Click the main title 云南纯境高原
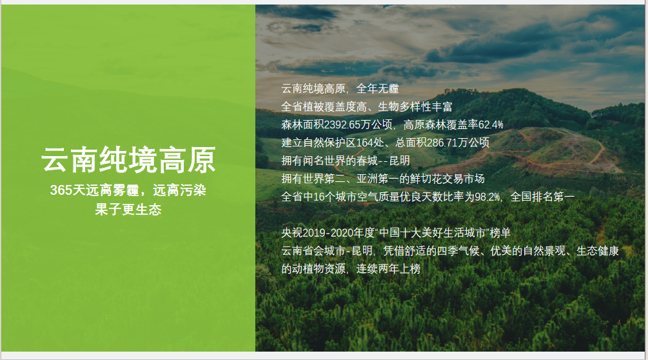128,159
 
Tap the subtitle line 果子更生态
128,209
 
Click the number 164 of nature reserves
365,143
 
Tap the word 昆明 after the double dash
399,161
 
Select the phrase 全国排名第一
543,197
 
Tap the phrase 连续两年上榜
388,268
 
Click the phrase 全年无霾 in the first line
377,88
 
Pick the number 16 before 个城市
319,197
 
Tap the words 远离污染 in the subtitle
179,190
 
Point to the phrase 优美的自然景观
527,251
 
